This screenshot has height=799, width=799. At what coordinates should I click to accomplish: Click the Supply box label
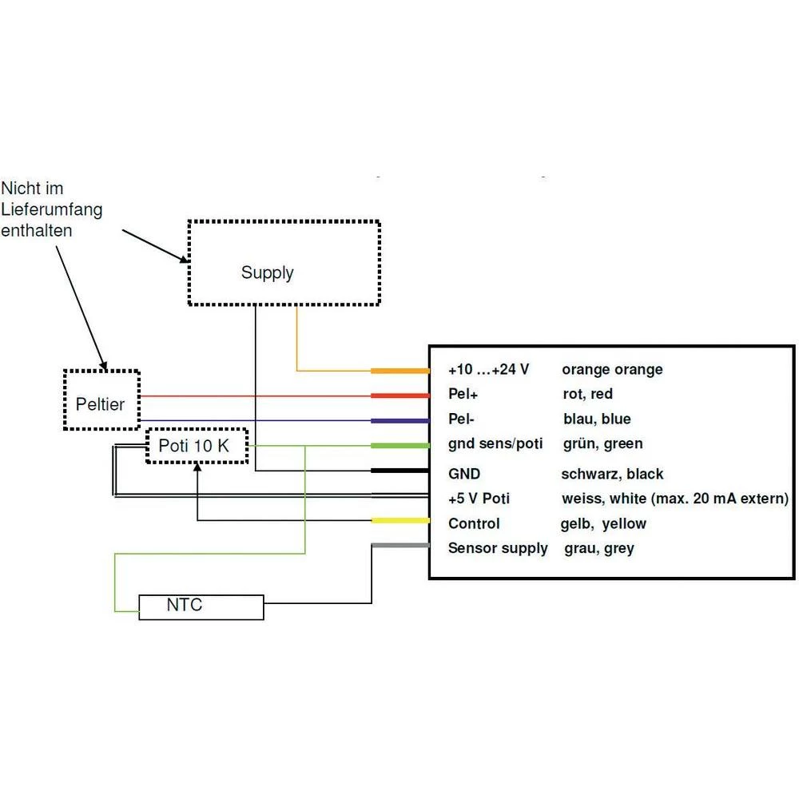tap(268, 272)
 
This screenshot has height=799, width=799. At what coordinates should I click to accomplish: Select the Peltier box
tap(101, 403)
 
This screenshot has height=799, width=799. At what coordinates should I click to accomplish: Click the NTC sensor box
tap(201, 606)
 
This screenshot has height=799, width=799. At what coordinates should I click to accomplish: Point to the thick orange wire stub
tap(400, 370)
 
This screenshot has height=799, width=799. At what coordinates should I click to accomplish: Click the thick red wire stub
tap(400, 395)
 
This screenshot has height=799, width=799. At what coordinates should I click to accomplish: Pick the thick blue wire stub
tap(400, 420)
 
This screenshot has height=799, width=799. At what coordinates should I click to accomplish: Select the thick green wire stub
tap(400, 445)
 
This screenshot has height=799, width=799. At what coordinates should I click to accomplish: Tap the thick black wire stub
tap(400, 471)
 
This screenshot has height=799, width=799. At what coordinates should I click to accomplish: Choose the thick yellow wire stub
tap(400, 521)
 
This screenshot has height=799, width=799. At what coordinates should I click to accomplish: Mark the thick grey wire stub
tap(400, 547)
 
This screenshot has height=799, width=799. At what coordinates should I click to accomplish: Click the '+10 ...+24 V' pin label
tap(489, 370)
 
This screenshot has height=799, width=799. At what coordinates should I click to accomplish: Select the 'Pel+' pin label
tap(464, 395)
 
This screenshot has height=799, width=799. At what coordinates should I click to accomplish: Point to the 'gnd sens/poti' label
tap(495, 443)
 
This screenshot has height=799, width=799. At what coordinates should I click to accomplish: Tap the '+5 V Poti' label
tap(479, 499)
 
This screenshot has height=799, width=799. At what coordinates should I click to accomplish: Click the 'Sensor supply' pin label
tap(498, 548)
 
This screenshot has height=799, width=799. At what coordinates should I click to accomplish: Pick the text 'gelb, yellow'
tap(603, 524)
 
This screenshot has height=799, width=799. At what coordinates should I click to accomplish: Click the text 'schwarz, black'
tap(612, 474)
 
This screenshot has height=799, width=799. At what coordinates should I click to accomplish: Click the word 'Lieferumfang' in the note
tap(51, 209)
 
